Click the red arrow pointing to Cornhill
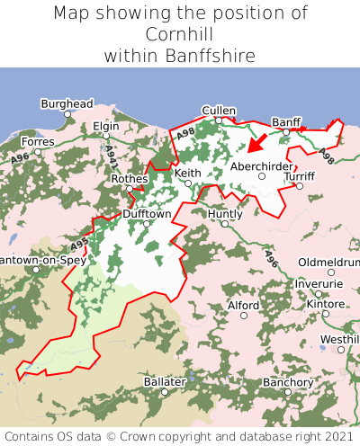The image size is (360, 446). pos(257,141)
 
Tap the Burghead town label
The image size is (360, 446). pos(67,103)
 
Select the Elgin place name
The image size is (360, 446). pos(105,127)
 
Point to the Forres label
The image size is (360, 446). pos(38,141)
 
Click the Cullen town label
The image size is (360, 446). pos(219,111)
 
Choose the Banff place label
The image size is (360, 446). pos(286,121)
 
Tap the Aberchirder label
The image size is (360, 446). pos(261,166)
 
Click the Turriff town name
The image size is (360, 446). pos(300,176)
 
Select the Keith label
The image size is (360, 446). pos(188,173)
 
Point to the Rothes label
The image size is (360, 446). pos(129,178)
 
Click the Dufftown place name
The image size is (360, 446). pos(147,214)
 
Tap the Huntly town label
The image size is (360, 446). pos(225,214)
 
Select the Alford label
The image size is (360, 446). pos(243,306)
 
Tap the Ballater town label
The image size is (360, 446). pos(164,382)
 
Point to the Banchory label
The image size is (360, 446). pos(288,382)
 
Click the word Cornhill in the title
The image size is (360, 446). pos(180,34)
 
